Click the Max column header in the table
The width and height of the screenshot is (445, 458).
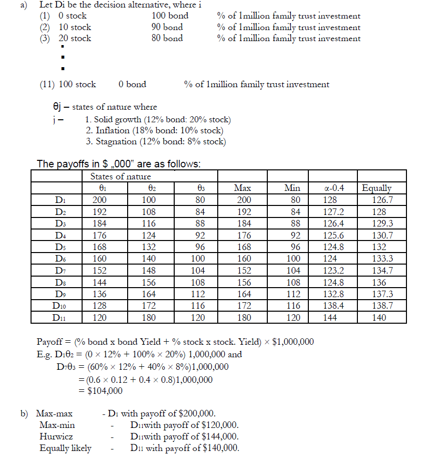(242, 188)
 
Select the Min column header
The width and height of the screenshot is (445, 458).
(292, 188)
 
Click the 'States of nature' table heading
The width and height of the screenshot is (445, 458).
(120, 176)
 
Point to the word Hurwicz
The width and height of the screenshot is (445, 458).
(56, 436)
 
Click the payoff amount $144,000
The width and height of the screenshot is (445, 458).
(216, 436)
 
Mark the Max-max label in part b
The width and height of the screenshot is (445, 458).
(54, 413)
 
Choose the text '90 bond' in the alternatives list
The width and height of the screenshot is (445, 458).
(167, 27)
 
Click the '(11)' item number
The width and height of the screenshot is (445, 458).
(48, 84)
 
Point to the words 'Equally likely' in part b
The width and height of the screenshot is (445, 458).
(66, 448)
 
